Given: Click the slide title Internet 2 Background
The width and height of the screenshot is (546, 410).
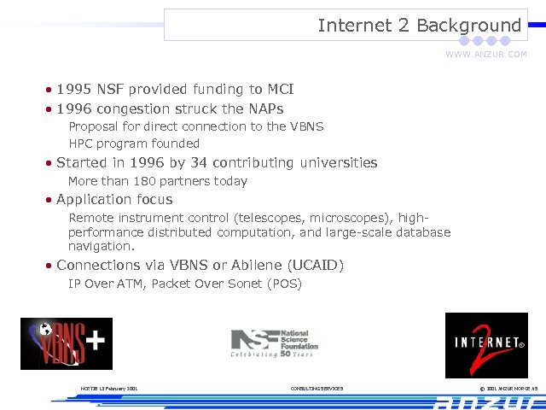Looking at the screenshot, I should [x=419, y=26].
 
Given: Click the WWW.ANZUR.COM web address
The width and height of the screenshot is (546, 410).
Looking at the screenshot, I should [x=485, y=55].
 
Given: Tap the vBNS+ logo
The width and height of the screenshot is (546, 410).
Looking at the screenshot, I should [x=66, y=343].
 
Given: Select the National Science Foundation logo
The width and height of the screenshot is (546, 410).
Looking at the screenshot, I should [x=274, y=343].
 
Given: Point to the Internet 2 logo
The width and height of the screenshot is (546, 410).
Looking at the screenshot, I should [x=485, y=345].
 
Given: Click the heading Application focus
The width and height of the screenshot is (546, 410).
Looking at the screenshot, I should [x=114, y=199].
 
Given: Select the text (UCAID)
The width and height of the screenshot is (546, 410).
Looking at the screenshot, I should [x=315, y=265].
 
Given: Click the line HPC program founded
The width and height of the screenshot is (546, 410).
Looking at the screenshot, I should [x=134, y=143].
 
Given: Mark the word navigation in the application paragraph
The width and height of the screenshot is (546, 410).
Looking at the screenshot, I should [x=101, y=246].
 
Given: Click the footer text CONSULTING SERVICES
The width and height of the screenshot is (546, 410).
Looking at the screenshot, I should [x=317, y=389].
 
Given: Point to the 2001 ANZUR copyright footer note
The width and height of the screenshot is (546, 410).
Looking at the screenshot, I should [x=508, y=389].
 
